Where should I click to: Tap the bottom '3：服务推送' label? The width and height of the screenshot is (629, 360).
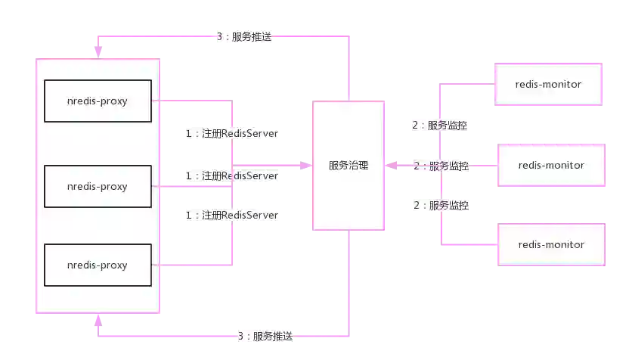(x=265, y=337)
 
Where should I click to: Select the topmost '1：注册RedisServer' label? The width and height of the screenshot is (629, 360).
(x=231, y=133)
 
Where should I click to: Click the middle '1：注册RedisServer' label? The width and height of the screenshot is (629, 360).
(x=231, y=175)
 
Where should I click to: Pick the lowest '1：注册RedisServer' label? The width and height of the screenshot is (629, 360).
(x=231, y=216)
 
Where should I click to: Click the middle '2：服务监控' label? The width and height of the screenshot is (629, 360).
(x=440, y=166)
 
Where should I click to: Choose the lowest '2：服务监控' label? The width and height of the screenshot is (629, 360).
(x=440, y=205)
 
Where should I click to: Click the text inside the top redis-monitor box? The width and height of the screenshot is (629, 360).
(x=548, y=84)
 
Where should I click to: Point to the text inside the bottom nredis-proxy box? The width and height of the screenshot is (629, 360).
(x=97, y=265)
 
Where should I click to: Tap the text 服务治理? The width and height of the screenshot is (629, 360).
(x=349, y=166)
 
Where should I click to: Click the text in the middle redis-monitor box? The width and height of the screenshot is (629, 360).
(x=551, y=165)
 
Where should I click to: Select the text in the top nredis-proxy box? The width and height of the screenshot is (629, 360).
(x=97, y=101)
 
